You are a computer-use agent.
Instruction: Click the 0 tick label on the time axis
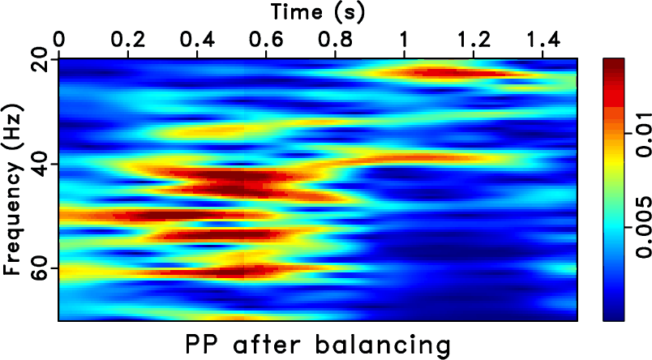pyautogui.click(x=58, y=39)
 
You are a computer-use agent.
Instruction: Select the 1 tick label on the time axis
pyautogui.click(x=404, y=39)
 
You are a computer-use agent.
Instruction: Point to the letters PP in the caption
pyautogui.click(x=199, y=344)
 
